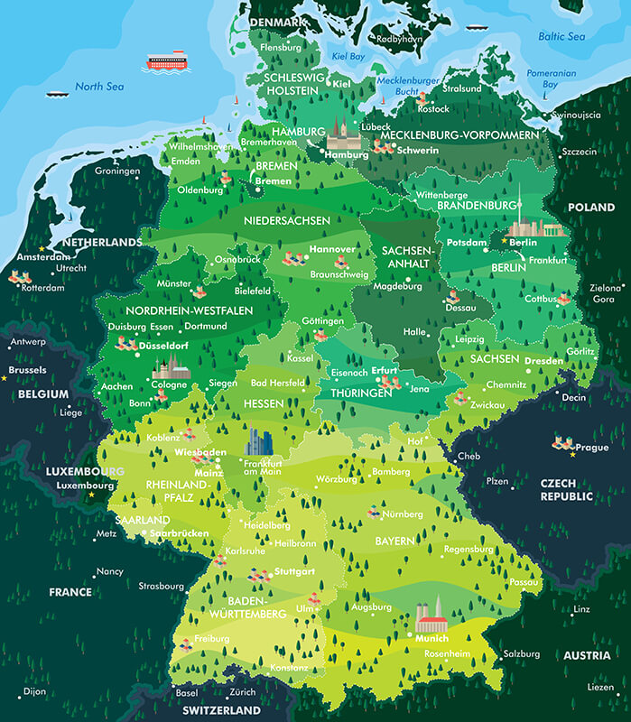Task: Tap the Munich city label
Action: click(431, 638)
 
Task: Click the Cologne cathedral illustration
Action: click(172, 366)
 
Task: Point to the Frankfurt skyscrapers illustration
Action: click(260, 442)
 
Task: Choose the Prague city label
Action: click(592, 448)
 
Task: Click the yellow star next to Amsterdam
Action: click(41, 248)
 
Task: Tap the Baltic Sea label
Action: click(561, 37)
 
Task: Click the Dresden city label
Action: click(544, 360)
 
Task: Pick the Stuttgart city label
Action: click(294, 572)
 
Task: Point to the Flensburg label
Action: click(280, 47)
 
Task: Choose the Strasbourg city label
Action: click(162, 586)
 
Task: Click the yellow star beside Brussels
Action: click(5, 378)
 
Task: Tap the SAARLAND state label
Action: click(142, 521)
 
